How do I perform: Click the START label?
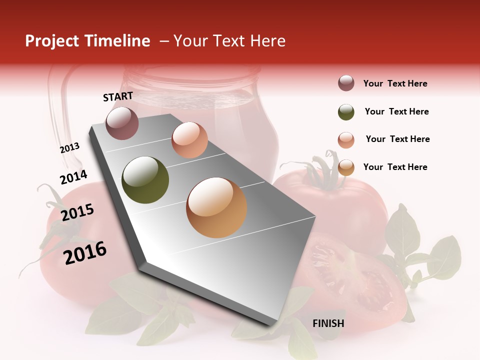118,96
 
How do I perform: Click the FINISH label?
328,323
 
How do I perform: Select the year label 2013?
69,147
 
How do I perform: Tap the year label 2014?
73,177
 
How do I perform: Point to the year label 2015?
77,212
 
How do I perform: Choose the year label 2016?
85,252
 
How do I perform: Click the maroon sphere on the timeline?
122,123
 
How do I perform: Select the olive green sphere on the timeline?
145,180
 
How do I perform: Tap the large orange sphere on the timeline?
216,207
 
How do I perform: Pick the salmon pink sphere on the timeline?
189,140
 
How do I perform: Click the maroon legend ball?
346,83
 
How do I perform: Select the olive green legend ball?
346,112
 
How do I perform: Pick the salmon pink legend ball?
346,140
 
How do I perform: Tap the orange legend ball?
346,168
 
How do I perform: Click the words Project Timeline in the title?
87,41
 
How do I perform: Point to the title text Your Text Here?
229,41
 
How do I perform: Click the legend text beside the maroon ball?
395,83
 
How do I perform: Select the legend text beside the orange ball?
395,167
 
